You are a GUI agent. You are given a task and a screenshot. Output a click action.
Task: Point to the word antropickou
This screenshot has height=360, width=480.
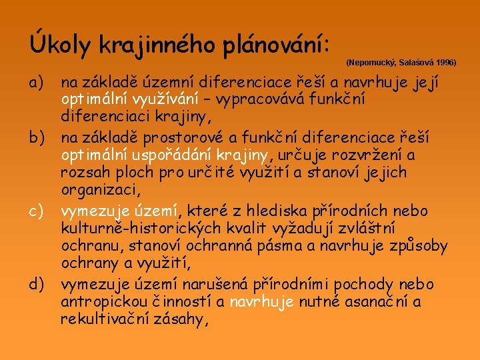coord(98,302)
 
